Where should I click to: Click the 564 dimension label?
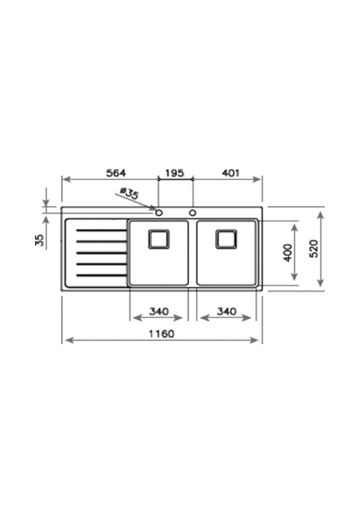116,173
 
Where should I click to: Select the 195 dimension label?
175,173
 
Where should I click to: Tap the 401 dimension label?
230,173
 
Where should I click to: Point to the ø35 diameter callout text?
129,193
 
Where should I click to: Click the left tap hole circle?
159,213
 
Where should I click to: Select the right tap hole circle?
193,213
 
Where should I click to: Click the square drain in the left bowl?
159,239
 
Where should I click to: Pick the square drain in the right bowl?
226,239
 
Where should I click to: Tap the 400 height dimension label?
288,252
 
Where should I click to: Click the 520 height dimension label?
313,248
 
